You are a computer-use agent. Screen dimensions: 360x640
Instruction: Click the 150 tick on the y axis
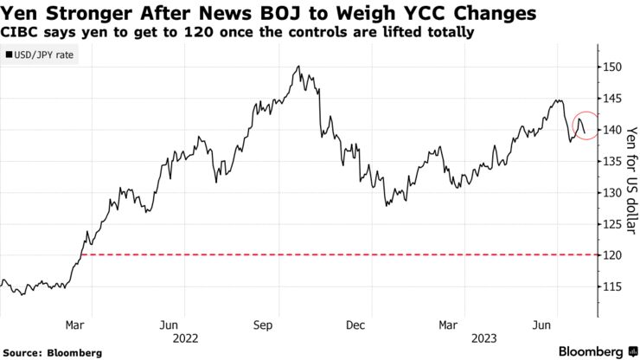pos(612,67)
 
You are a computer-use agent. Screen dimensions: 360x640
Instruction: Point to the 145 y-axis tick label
pos(612,99)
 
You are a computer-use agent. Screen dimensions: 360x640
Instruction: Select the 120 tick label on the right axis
pos(612,256)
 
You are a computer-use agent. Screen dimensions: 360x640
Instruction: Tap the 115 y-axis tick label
pos(612,287)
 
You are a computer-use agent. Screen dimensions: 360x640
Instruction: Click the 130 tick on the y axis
pos(612,193)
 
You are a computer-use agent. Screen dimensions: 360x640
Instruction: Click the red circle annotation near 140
pos(586,126)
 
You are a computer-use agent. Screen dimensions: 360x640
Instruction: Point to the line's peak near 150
pos(298,67)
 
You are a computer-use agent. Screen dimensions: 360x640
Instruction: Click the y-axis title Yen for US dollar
pos(631,177)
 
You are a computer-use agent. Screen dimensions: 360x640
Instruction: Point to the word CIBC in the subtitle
pos(22,33)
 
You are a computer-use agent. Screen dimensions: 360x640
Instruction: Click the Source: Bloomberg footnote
pos(51,353)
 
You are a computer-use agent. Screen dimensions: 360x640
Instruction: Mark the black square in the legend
pos(9,55)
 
